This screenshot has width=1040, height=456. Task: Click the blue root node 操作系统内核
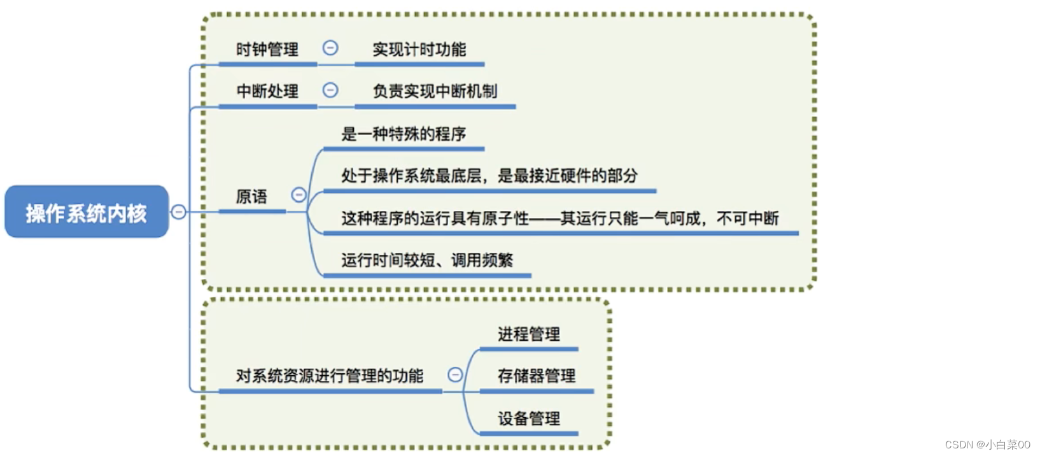coord(86,212)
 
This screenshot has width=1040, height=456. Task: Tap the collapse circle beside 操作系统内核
coord(179,211)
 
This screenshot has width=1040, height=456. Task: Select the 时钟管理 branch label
coord(267,49)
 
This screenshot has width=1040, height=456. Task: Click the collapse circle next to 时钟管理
coord(330,48)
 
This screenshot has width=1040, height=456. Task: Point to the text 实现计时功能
coord(419,49)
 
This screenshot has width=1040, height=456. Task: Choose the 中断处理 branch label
coord(267,91)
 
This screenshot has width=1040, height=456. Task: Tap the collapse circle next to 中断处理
coord(330,90)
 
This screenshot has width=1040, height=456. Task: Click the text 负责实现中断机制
coord(435,91)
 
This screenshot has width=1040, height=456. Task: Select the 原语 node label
coord(251,196)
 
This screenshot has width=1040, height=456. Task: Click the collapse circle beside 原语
coord(299,195)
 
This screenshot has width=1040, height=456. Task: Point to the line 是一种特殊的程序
coord(403,134)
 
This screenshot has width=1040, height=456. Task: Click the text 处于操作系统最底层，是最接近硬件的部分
coord(489,176)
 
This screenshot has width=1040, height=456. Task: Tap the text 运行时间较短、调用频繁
coord(426,260)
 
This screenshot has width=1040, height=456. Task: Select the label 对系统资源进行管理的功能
coord(329,376)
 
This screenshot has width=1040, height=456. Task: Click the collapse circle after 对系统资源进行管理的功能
coord(455,374)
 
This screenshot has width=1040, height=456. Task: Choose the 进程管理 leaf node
coord(528,334)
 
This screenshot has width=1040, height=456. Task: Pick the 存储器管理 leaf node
coord(536,376)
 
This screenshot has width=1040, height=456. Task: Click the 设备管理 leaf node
coord(528,418)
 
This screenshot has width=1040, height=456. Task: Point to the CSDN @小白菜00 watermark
coord(987,445)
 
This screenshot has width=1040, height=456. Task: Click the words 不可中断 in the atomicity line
coord(748,218)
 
